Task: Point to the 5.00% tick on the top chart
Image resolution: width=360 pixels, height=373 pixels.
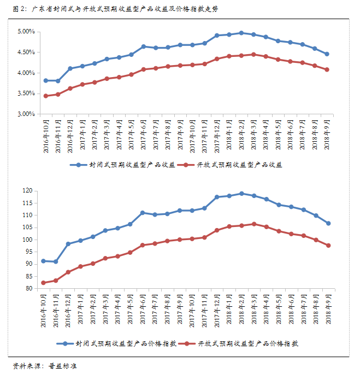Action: (x=26, y=32)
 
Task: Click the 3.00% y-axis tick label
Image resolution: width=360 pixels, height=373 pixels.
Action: (x=26, y=114)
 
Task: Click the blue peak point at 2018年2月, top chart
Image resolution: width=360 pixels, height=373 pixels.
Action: (x=241, y=33)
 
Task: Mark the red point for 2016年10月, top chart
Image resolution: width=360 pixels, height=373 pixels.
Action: (x=46, y=96)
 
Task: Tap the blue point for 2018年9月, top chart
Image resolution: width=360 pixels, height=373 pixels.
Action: (x=327, y=54)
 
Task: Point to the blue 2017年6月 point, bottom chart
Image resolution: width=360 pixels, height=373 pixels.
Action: (x=143, y=213)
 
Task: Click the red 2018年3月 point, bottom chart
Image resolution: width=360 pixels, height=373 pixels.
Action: (x=254, y=224)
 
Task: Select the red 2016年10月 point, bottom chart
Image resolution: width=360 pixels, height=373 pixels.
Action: (x=44, y=283)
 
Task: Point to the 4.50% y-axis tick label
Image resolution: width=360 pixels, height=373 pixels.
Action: (x=26, y=53)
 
